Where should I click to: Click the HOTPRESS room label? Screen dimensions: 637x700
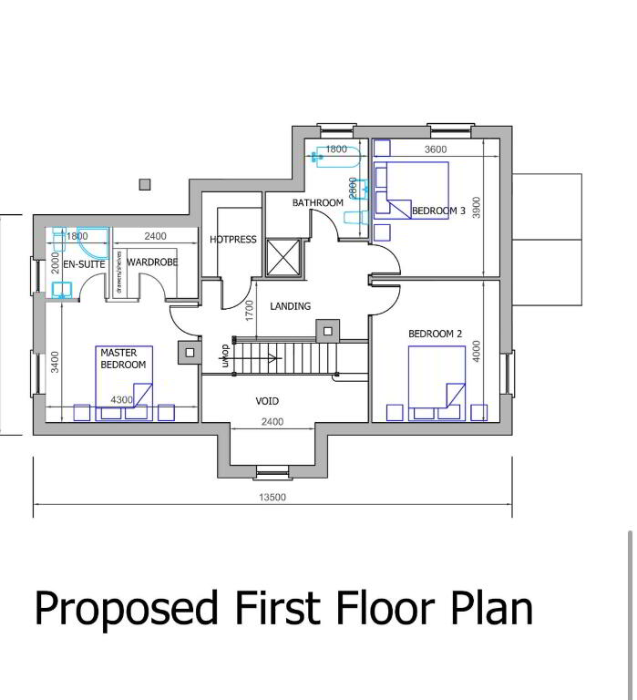[233, 240]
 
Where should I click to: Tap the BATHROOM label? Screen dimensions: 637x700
[317, 202]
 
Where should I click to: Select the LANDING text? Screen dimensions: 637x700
[290, 306]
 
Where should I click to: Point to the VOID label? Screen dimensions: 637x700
[267, 401]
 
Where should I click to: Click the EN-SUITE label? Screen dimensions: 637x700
[84, 264]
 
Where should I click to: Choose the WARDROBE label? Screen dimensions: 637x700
[152, 262]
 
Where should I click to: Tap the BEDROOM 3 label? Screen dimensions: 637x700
[438, 211]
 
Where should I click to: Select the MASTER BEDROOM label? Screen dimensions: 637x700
[123, 358]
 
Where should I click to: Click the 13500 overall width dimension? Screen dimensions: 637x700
[272, 497]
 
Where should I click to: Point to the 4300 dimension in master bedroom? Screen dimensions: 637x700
[121, 400]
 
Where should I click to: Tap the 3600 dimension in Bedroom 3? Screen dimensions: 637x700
[436, 149]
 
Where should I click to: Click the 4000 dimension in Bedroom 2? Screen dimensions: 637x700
[477, 351]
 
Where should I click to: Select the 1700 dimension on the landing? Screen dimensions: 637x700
[249, 310]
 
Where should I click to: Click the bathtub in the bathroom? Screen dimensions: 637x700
[336, 157]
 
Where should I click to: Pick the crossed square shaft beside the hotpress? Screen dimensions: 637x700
[283, 258]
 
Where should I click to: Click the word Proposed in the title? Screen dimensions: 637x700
[127, 609]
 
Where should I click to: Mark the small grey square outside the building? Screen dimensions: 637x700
[145, 184]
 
